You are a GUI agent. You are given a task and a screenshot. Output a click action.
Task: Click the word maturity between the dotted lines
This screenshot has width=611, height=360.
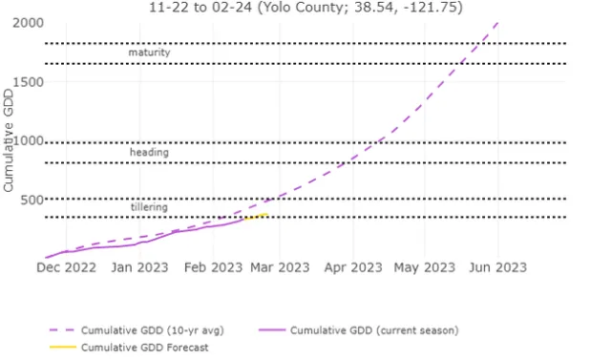[x=149, y=53]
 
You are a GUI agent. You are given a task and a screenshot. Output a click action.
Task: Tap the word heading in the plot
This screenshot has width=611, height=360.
[x=149, y=153]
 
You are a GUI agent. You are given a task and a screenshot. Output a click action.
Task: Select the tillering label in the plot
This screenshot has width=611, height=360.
[x=149, y=207]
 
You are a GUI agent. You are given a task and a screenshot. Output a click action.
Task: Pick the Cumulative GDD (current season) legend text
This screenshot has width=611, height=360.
[x=375, y=330]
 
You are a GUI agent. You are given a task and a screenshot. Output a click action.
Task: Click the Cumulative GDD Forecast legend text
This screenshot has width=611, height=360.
[x=144, y=348]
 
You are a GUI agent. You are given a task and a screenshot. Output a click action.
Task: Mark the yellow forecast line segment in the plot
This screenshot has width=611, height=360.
[x=256, y=217]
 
